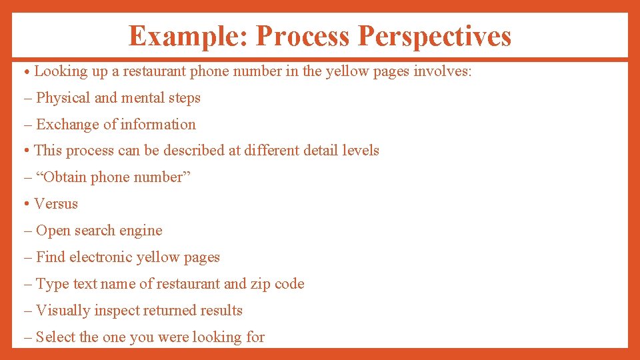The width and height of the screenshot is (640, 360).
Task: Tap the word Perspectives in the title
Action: click(x=435, y=36)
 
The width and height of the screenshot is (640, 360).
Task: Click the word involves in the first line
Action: click(x=443, y=71)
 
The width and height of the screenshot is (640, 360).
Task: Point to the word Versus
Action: click(x=56, y=204)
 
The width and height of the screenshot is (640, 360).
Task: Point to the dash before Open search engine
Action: click(x=27, y=231)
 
